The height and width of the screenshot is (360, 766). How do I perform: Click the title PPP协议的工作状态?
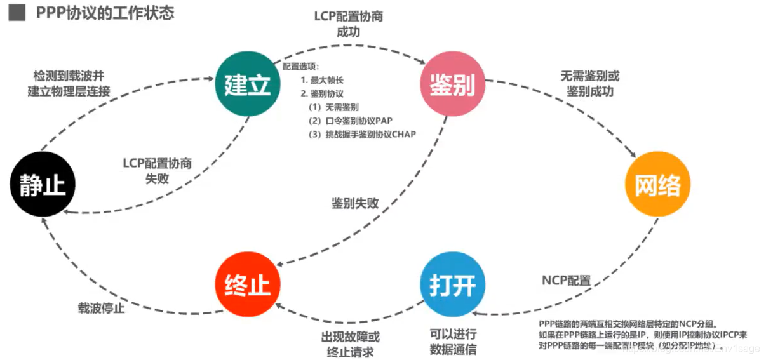tap(105, 13)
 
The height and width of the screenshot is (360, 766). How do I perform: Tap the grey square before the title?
tap(16, 13)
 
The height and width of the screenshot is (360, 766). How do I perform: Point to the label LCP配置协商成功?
tap(349, 23)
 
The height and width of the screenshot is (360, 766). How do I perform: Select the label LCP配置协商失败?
tap(157, 170)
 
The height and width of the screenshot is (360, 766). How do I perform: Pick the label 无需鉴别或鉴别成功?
tap(589, 83)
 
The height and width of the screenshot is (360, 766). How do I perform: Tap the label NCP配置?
tap(566, 280)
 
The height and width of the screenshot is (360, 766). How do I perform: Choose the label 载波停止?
tap(102, 309)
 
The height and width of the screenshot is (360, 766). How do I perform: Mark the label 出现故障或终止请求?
tap(350, 343)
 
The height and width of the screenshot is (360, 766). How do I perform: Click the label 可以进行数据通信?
tap(453, 342)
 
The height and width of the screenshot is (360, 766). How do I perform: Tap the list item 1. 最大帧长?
tap(322, 81)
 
